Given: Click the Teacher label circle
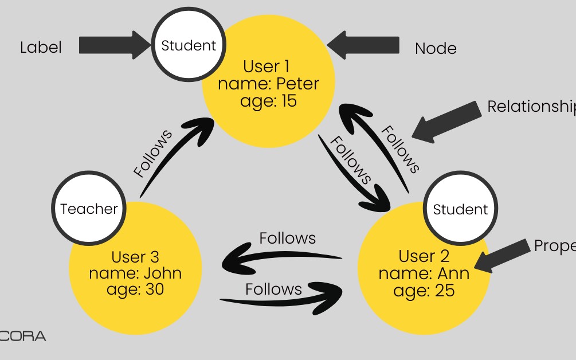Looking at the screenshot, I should (88, 209).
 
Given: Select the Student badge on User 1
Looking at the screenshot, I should (189, 46).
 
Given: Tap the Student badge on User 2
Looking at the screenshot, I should (460, 209).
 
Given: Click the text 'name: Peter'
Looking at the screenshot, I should (268, 84).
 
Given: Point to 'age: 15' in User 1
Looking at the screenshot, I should (268, 101).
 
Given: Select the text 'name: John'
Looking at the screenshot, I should (135, 272).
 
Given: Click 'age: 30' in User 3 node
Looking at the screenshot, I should (135, 289).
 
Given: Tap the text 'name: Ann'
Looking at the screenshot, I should (424, 273).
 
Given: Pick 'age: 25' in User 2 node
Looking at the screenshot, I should (424, 290).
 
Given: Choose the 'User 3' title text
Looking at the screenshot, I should (135, 256).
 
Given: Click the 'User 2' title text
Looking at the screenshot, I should (424, 256).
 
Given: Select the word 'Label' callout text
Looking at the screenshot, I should (41, 47).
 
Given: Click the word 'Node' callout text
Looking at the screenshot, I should (436, 49).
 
